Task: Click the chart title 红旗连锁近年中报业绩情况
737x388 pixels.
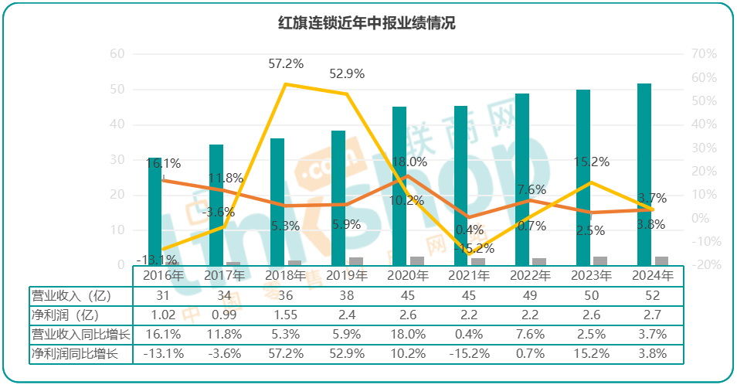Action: click(x=367, y=23)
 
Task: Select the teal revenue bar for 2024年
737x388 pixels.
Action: click(x=644, y=174)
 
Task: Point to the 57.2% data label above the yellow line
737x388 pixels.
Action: click(x=286, y=63)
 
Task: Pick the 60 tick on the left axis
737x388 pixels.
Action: click(x=117, y=53)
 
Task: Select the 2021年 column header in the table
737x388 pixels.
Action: click(x=470, y=275)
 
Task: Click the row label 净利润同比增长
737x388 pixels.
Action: click(x=76, y=354)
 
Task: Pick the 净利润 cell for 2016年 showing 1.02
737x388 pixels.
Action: click(x=163, y=315)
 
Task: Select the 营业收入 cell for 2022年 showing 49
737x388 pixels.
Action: click(x=532, y=296)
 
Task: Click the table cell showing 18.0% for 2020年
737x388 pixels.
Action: click(x=409, y=335)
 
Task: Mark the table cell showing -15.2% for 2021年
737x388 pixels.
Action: click(x=470, y=354)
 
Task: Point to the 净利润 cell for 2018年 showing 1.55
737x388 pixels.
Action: click(x=286, y=315)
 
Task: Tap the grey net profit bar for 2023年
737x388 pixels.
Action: click(x=600, y=260)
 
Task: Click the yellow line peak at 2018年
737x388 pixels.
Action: click(x=286, y=83)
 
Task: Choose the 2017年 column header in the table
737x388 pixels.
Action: click(x=225, y=275)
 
